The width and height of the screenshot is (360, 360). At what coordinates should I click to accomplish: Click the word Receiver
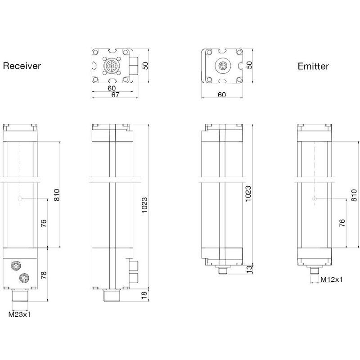click(x=22, y=66)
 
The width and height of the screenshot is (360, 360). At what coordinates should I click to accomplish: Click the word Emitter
click(x=313, y=67)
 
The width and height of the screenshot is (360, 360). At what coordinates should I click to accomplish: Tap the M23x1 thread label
click(x=20, y=314)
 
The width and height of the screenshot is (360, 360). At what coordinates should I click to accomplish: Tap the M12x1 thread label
click(x=331, y=279)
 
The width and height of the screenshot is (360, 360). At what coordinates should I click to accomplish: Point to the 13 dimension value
click(x=249, y=269)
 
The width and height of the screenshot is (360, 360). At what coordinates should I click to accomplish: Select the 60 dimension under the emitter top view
click(x=221, y=94)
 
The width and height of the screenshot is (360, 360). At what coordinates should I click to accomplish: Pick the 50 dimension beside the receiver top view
click(x=145, y=66)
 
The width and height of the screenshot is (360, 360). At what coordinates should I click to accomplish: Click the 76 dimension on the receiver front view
click(x=44, y=224)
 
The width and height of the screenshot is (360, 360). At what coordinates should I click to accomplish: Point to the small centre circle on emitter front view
click(x=314, y=199)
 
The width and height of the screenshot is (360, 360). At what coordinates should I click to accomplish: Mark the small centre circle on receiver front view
click(x=19, y=199)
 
